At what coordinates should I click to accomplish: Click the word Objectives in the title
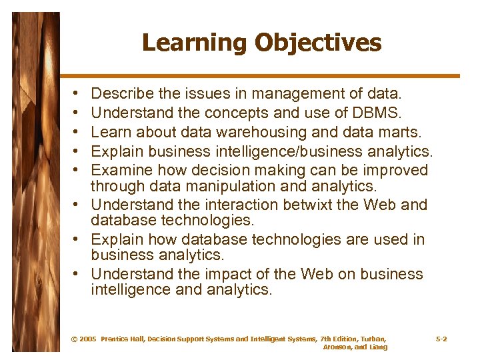(318, 43)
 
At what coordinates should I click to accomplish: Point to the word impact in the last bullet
(230, 274)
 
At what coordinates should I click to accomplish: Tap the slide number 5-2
(441, 339)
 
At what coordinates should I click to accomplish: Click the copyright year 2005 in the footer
(87, 339)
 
